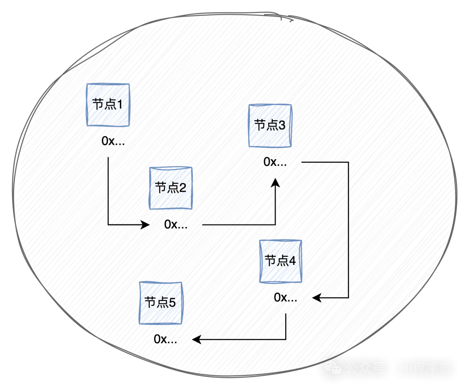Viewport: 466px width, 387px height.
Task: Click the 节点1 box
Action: (x=108, y=105)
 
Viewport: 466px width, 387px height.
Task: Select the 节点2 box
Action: (x=170, y=188)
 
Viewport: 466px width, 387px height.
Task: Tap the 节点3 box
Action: (x=270, y=126)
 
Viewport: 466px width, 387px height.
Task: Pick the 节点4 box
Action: (x=280, y=261)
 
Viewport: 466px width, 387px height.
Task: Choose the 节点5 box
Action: (x=161, y=303)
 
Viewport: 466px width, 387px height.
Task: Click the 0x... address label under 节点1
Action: (x=114, y=141)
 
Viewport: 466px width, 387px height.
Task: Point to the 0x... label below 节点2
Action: (x=176, y=225)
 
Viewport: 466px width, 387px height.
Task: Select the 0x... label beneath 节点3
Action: (x=275, y=162)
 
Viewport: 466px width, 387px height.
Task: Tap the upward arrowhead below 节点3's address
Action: (x=275, y=184)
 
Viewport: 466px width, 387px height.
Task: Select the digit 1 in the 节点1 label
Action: (x=120, y=104)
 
